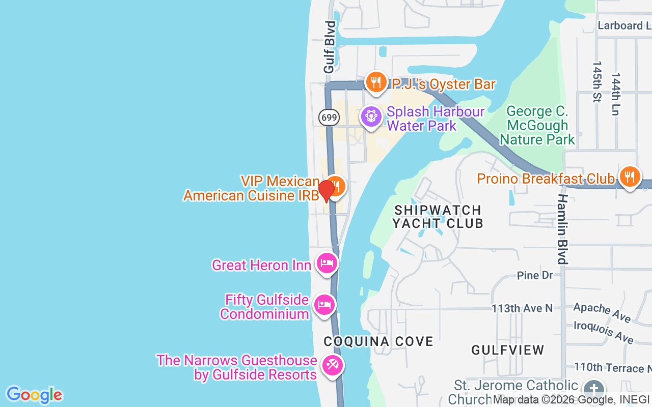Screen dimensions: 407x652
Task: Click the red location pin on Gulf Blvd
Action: (326, 191)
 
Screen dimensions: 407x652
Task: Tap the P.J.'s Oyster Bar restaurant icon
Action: (376, 81)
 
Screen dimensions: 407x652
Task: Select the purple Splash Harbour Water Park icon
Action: (371, 117)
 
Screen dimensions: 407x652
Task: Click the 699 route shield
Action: (329, 118)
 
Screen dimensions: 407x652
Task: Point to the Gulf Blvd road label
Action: (330, 47)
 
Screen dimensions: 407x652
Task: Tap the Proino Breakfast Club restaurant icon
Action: (630, 177)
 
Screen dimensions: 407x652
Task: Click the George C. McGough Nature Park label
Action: (537, 125)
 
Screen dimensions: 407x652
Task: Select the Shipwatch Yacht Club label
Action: (438, 216)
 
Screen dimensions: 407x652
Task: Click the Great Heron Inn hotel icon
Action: (327, 263)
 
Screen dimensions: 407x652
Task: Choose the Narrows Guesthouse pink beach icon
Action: (333, 365)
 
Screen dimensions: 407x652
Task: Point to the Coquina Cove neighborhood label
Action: (378, 341)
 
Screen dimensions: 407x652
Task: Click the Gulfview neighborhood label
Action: (508, 350)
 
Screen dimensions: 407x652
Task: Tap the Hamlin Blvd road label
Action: (562, 229)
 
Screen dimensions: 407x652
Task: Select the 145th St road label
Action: (596, 82)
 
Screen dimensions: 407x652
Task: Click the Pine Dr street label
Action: (535, 275)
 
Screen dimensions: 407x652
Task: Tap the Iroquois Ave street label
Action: (604, 332)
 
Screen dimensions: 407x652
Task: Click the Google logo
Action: (34, 395)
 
